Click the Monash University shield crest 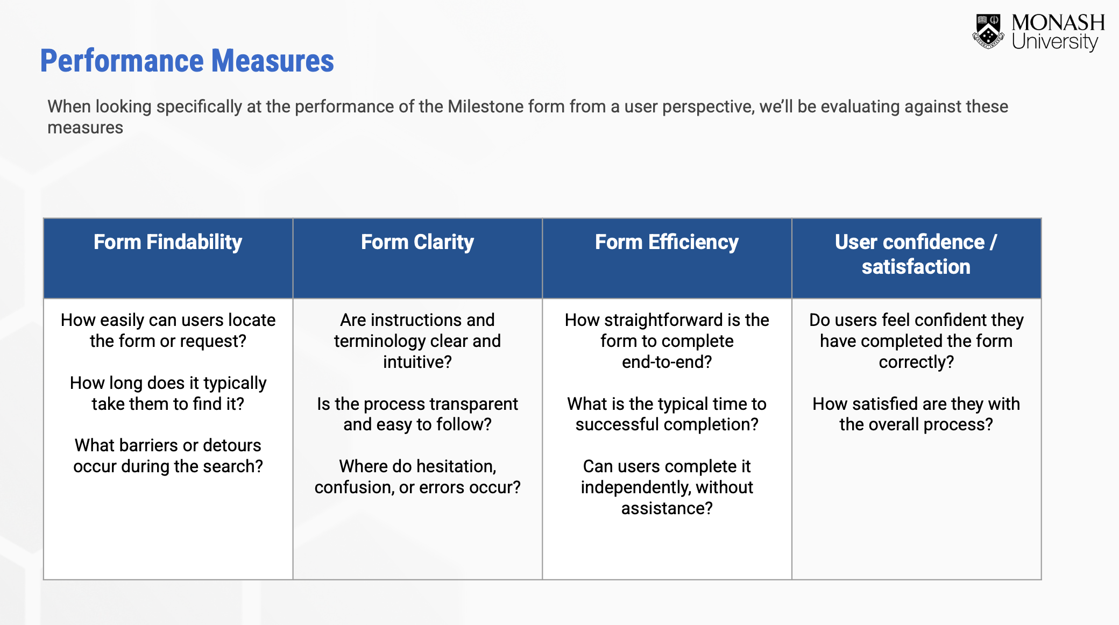point(988,32)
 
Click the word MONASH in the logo point(1058,23)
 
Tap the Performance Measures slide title point(187,61)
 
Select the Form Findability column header point(168,243)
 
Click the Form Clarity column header point(417,243)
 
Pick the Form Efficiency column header point(667,243)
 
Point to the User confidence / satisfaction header point(916,254)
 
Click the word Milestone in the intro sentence point(486,106)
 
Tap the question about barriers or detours point(168,456)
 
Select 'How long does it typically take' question point(168,393)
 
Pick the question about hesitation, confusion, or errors point(417,477)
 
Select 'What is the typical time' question point(667,414)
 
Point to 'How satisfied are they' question point(916,414)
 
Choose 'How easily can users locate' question point(168,330)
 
